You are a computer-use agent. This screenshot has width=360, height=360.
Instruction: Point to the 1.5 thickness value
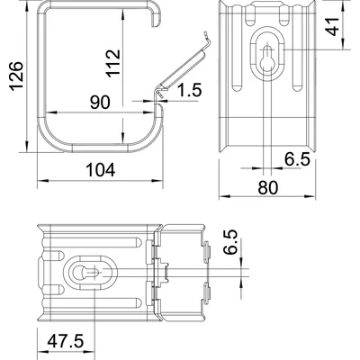[190, 90]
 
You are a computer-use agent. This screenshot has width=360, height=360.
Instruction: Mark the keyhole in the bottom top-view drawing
[88, 271]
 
